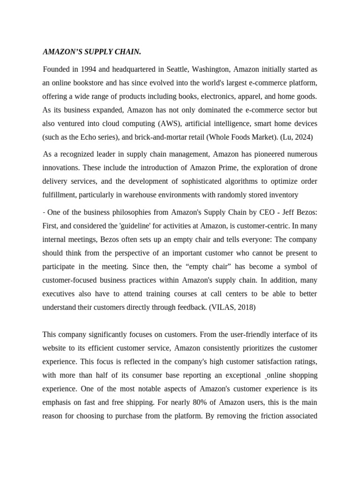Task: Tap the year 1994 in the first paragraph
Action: (x=87, y=69)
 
